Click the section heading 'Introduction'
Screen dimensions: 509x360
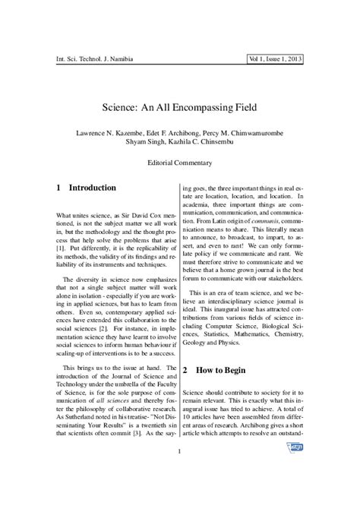click(x=93, y=188)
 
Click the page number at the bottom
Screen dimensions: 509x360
click(x=180, y=477)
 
